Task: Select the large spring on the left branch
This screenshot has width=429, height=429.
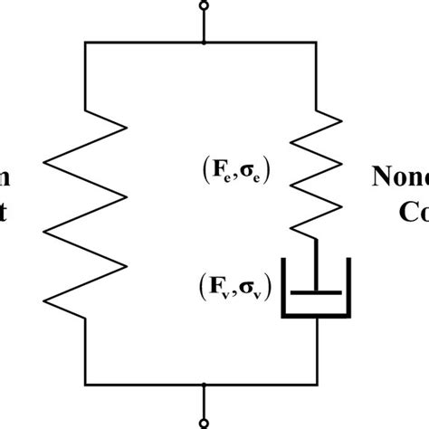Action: (83, 217)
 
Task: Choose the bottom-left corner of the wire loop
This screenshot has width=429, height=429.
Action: (83, 384)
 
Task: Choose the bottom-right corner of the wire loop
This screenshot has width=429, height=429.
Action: (316, 384)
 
